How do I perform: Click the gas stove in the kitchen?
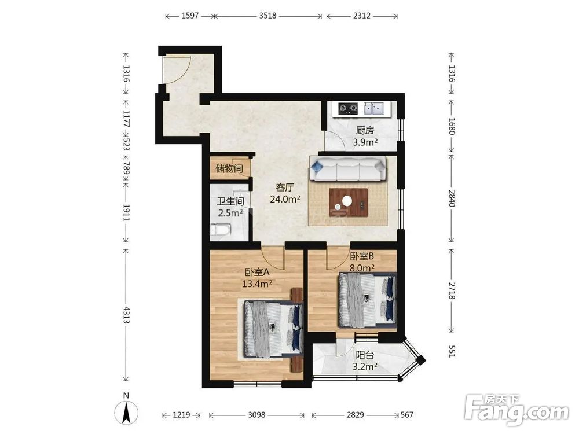coord(349,109)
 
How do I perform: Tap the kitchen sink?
coord(373,109)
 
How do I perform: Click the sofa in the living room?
coord(348,168)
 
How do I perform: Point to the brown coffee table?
coord(349,202)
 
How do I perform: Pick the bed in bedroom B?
coord(368,300)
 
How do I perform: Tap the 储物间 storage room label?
coord(229,168)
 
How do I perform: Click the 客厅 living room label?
coord(285,187)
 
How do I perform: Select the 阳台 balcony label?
coord(365,355)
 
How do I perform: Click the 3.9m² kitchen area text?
coord(365,142)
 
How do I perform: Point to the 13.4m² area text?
coord(257,284)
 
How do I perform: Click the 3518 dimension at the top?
coord(267,16)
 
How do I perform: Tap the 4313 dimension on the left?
coord(126,315)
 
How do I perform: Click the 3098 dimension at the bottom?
coord(256,415)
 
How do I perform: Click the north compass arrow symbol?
coord(126,412)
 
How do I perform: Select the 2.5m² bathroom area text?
coord(230,213)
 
